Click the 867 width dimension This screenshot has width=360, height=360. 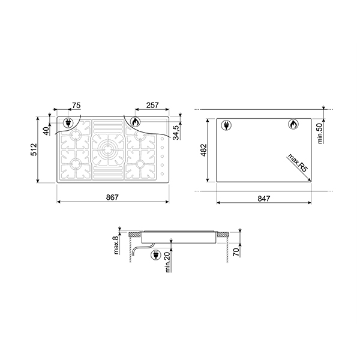coord(112,197)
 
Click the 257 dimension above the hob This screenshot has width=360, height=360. coord(152,106)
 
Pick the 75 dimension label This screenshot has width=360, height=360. coord(76,106)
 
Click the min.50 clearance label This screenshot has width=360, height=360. coord(320,130)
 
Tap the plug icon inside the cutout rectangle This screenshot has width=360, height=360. coord(227,125)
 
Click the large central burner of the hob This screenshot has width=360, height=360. coord(109,149)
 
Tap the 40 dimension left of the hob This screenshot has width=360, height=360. coord(46,130)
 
